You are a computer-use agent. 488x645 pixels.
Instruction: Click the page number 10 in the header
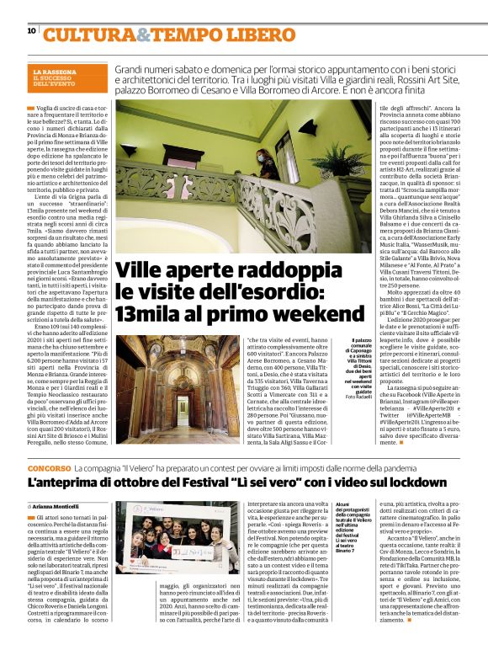click(x=31, y=31)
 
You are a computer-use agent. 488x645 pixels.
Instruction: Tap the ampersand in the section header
click(x=143, y=35)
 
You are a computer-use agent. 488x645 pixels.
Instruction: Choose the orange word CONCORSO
click(x=46, y=466)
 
